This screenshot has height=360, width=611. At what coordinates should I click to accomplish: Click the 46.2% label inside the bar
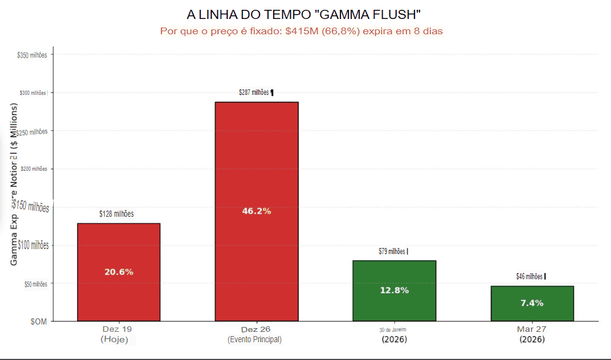257,211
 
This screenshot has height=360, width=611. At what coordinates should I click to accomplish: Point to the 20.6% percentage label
119,272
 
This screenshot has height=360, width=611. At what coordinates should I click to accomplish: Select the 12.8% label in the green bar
394,290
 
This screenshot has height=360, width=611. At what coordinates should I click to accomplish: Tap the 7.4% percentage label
531,303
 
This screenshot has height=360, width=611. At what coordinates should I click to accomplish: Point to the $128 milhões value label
116,214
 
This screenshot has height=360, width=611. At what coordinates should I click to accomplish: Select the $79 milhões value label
392,251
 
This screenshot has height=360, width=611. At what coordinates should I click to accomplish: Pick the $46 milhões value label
530,276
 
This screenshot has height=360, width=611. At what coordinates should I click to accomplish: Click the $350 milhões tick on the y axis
32,55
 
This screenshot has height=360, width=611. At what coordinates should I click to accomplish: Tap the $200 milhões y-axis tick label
34,169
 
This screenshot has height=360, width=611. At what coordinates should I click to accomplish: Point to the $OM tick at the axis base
37,321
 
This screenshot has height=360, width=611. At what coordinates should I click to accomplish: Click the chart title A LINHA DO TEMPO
304,14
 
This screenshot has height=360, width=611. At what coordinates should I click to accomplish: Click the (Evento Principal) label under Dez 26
255,339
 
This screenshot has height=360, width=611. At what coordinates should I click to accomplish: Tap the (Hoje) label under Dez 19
114,339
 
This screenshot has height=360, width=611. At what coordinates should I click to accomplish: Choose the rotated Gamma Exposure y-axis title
14,184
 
